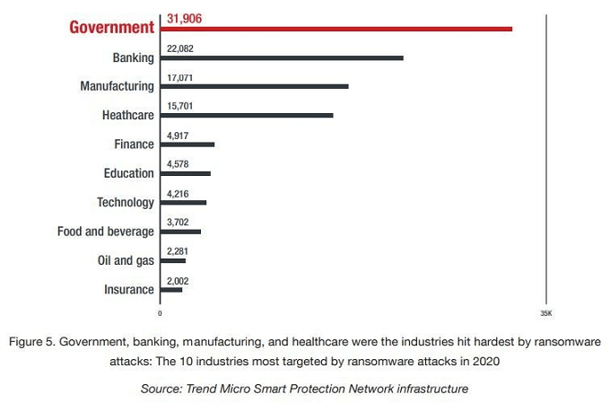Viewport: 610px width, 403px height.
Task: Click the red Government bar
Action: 335,29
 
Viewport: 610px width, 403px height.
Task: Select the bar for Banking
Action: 281,57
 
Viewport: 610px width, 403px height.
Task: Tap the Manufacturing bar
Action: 254,87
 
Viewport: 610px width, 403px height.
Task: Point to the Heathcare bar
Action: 246,116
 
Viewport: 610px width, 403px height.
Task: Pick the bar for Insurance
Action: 171,290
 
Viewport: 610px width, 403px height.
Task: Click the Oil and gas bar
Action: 173,260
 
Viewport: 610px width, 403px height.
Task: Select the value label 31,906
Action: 184,17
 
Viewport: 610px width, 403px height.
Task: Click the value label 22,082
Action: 179,48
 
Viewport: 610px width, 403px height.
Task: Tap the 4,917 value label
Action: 178,135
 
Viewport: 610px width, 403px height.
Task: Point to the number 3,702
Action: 178,222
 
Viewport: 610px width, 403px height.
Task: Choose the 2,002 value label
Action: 178,280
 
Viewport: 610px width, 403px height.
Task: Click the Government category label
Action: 112,28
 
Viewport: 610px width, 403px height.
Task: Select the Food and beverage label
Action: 106,232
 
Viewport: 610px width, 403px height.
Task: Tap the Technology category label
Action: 126,203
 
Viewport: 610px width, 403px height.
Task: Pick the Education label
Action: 129,173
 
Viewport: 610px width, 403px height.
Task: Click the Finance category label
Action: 134,145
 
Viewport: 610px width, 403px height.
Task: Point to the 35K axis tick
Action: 546,313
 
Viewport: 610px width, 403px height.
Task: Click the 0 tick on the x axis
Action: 160,313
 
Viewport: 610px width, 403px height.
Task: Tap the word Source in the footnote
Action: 160,389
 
